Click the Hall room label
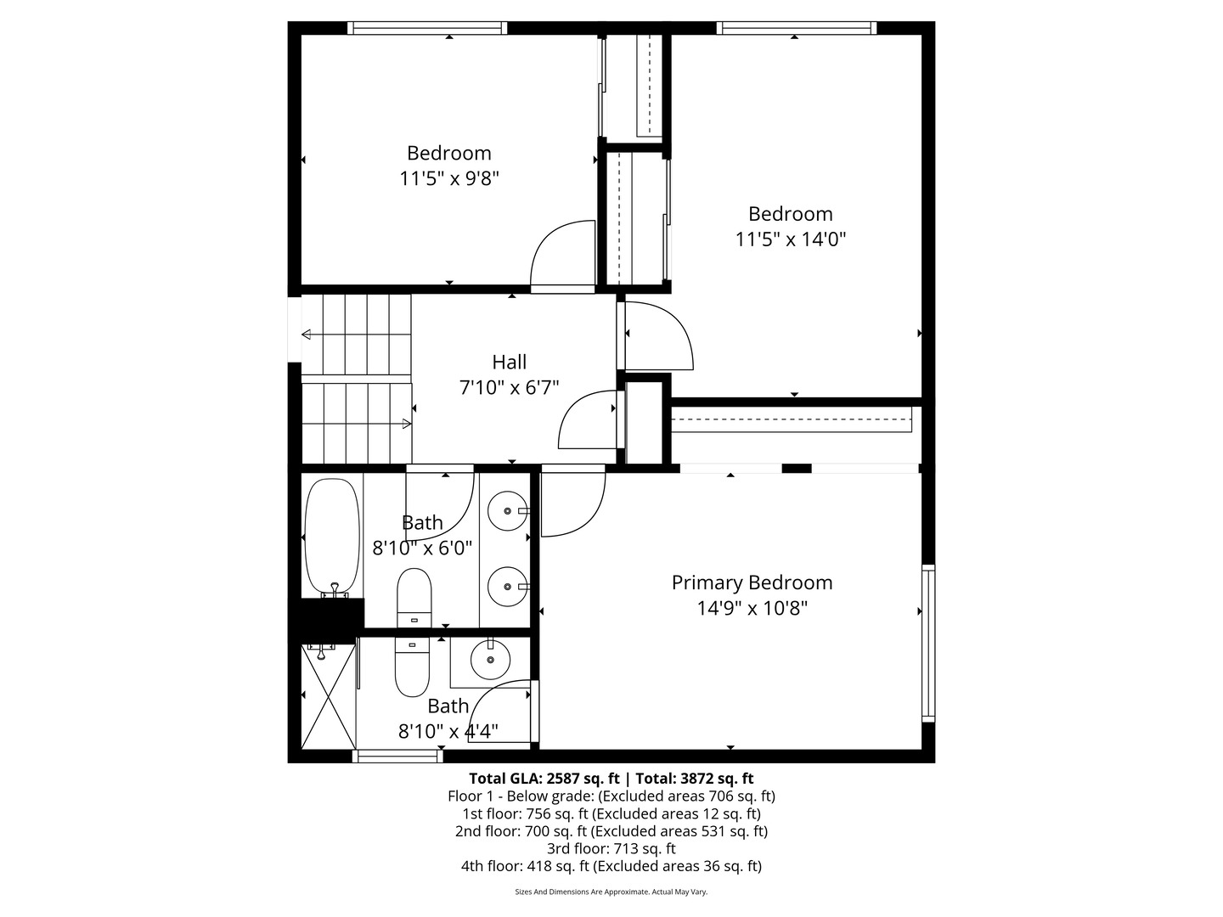tap(509, 363)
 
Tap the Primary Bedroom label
tap(752, 582)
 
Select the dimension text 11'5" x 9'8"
tap(448, 178)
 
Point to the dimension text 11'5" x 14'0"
tap(790, 239)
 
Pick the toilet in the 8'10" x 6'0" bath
tap(414, 597)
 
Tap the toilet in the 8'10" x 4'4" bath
tap(413, 667)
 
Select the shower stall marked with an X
tap(328, 696)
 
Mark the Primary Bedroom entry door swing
tap(571, 503)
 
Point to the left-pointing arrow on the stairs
tap(306, 334)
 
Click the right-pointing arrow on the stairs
tap(407, 423)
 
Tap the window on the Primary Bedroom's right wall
tap(928, 644)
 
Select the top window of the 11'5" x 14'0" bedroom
tap(796, 28)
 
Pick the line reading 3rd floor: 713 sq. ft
tap(611, 848)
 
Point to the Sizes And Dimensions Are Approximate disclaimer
tap(611, 892)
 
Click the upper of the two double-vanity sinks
tap(507, 511)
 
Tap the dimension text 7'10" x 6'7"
tap(509, 388)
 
